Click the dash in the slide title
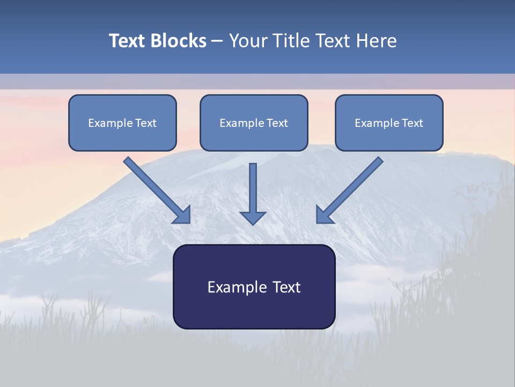coord(217,41)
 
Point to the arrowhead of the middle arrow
coord(253,217)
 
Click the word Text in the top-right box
coord(412,123)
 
